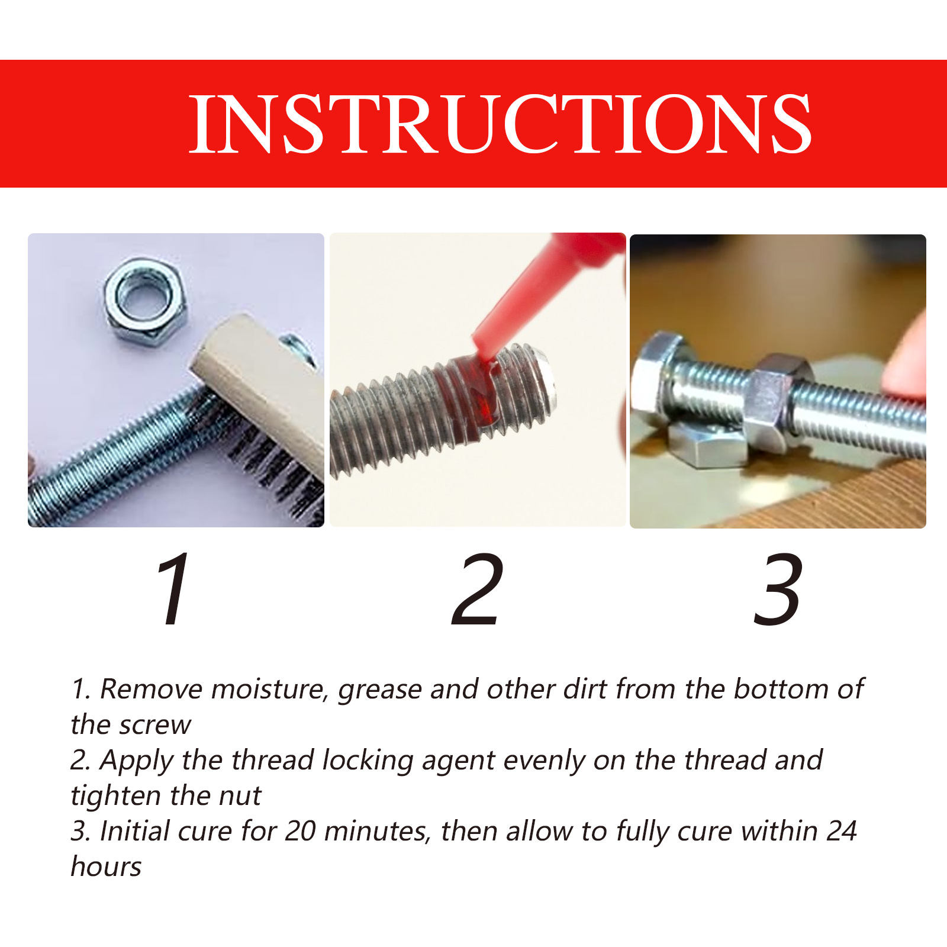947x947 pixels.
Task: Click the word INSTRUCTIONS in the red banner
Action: tap(500, 124)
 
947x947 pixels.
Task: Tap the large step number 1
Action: tap(173, 589)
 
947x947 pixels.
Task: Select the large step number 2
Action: tap(477, 589)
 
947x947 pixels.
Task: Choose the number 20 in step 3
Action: tap(300, 832)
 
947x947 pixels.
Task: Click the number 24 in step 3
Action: tap(841, 832)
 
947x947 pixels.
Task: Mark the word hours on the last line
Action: tap(107, 867)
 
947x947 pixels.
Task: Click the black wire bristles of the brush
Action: tap(278, 468)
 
